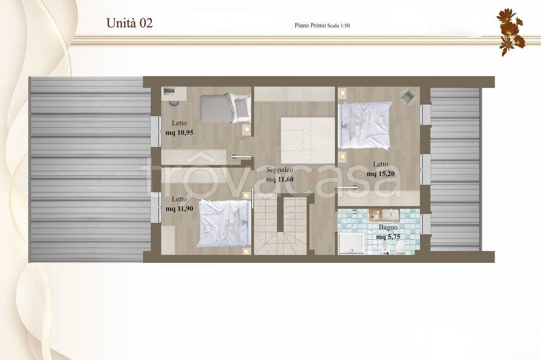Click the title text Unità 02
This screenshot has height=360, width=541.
(129, 23)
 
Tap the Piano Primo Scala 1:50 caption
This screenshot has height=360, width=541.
(322, 25)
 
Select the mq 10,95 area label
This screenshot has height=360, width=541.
(180, 132)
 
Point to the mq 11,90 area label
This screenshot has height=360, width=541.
(180, 209)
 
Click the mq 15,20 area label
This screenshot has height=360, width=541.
(380, 174)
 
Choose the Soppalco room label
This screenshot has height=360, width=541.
(280, 169)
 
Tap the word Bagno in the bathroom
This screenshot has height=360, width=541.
(388, 227)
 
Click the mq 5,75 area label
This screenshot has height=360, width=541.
(388, 237)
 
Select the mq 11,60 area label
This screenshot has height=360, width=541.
(280, 179)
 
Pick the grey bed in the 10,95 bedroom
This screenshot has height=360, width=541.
(225, 108)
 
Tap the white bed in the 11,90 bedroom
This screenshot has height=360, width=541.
(224, 223)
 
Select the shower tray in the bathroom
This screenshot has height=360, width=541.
(351, 243)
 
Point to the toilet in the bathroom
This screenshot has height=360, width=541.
(400, 248)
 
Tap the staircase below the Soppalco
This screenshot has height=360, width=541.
(281, 224)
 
